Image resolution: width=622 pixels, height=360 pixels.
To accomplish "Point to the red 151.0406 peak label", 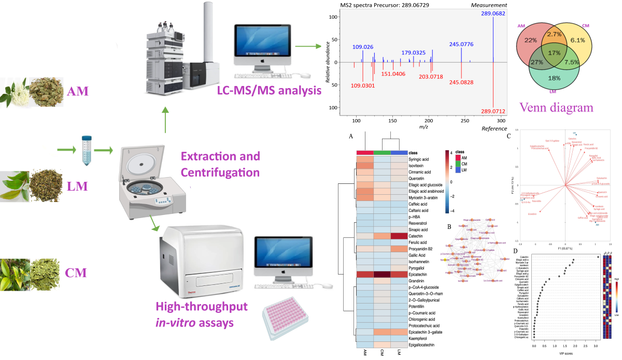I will [398, 74].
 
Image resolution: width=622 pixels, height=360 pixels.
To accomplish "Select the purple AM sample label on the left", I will [78, 92].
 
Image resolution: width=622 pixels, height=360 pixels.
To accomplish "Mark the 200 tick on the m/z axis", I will [428, 120].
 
